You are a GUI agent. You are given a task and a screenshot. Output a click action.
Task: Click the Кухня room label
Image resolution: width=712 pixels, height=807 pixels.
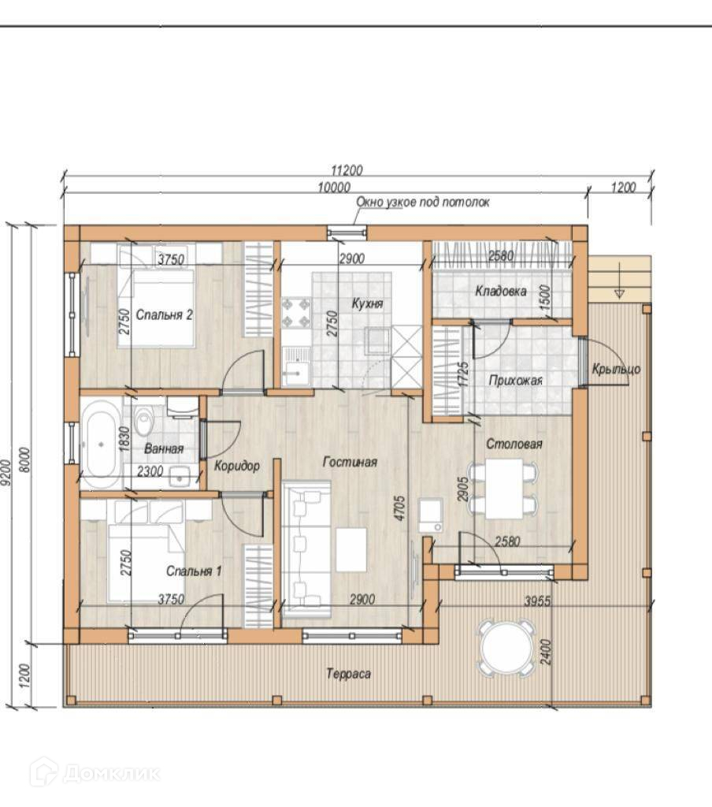367,303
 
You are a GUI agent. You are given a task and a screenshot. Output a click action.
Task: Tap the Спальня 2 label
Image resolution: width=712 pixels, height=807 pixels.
164,314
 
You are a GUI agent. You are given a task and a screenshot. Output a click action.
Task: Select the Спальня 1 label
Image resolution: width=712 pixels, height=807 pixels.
194,571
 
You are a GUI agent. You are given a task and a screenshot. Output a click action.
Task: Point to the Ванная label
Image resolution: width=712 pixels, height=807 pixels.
164,448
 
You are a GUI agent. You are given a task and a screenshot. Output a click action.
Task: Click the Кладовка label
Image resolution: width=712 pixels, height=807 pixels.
501,292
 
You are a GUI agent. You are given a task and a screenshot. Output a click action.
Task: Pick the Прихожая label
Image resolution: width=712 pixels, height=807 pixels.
515,381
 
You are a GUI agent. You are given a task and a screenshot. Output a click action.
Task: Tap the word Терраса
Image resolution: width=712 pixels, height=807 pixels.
348,674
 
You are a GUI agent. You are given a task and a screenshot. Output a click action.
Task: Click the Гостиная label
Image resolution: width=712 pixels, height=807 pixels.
350,462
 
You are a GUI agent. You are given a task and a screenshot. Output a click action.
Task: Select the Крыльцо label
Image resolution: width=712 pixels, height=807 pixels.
616,369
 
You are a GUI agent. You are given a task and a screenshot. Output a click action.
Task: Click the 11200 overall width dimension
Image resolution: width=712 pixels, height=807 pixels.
347,170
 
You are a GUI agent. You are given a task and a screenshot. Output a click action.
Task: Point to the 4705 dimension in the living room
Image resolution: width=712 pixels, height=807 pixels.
400,508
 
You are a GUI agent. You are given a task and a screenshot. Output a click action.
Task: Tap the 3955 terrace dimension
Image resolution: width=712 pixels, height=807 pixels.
537,601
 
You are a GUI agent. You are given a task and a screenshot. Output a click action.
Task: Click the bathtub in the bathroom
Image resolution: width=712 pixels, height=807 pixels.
101,444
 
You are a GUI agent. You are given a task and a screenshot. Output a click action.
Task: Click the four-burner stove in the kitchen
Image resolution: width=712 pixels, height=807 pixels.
296,313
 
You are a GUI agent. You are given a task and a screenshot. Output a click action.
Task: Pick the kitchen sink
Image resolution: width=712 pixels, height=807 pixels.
295,366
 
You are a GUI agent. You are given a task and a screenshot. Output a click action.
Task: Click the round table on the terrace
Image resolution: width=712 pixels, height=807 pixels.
506,648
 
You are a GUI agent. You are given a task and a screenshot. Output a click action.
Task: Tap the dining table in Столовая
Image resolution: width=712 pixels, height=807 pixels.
504,488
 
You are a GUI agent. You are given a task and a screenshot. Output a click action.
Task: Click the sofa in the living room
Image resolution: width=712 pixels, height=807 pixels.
306,549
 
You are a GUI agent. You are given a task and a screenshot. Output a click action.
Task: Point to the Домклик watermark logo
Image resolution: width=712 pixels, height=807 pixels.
95,772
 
